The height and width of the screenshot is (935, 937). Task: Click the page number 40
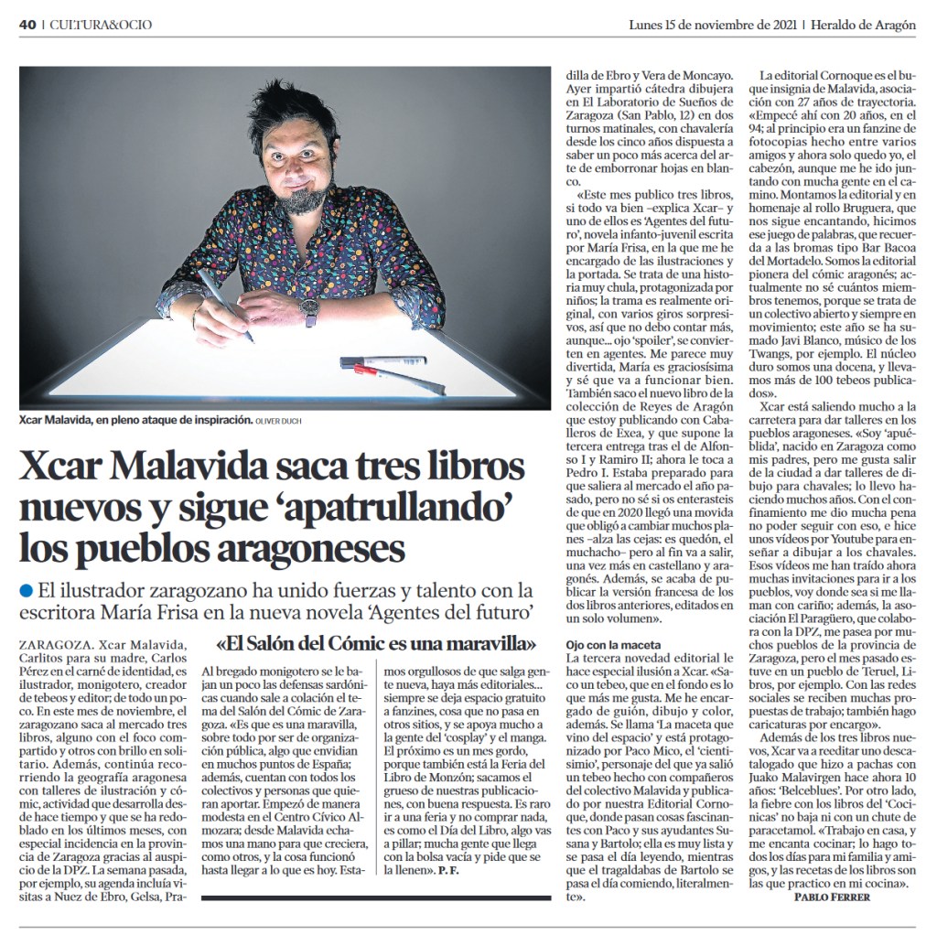(27, 25)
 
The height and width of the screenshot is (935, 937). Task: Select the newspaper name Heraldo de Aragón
(863, 25)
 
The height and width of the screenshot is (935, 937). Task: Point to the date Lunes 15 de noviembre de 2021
(713, 25)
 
